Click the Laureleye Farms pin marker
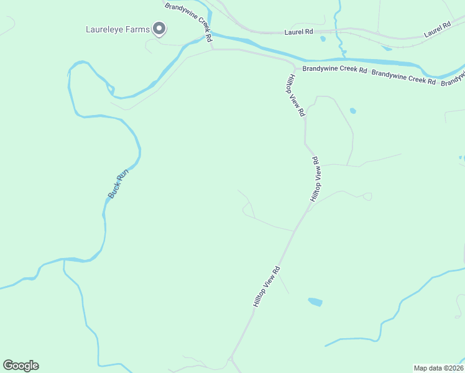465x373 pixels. (x=160, y=29)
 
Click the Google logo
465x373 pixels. (x=21, y=366)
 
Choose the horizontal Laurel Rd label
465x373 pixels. (x=299, y=31)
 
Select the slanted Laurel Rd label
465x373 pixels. (x=436, y=30)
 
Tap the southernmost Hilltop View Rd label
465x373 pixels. (x=267, y=286)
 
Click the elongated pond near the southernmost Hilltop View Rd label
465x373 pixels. (x=315, y=302)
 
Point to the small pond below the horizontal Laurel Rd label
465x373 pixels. (x=323, y=39)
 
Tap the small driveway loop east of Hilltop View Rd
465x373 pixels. (x=367, y=197)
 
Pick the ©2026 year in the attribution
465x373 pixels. (x=452, y=367)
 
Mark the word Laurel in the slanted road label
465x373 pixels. (x=433, y=32)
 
